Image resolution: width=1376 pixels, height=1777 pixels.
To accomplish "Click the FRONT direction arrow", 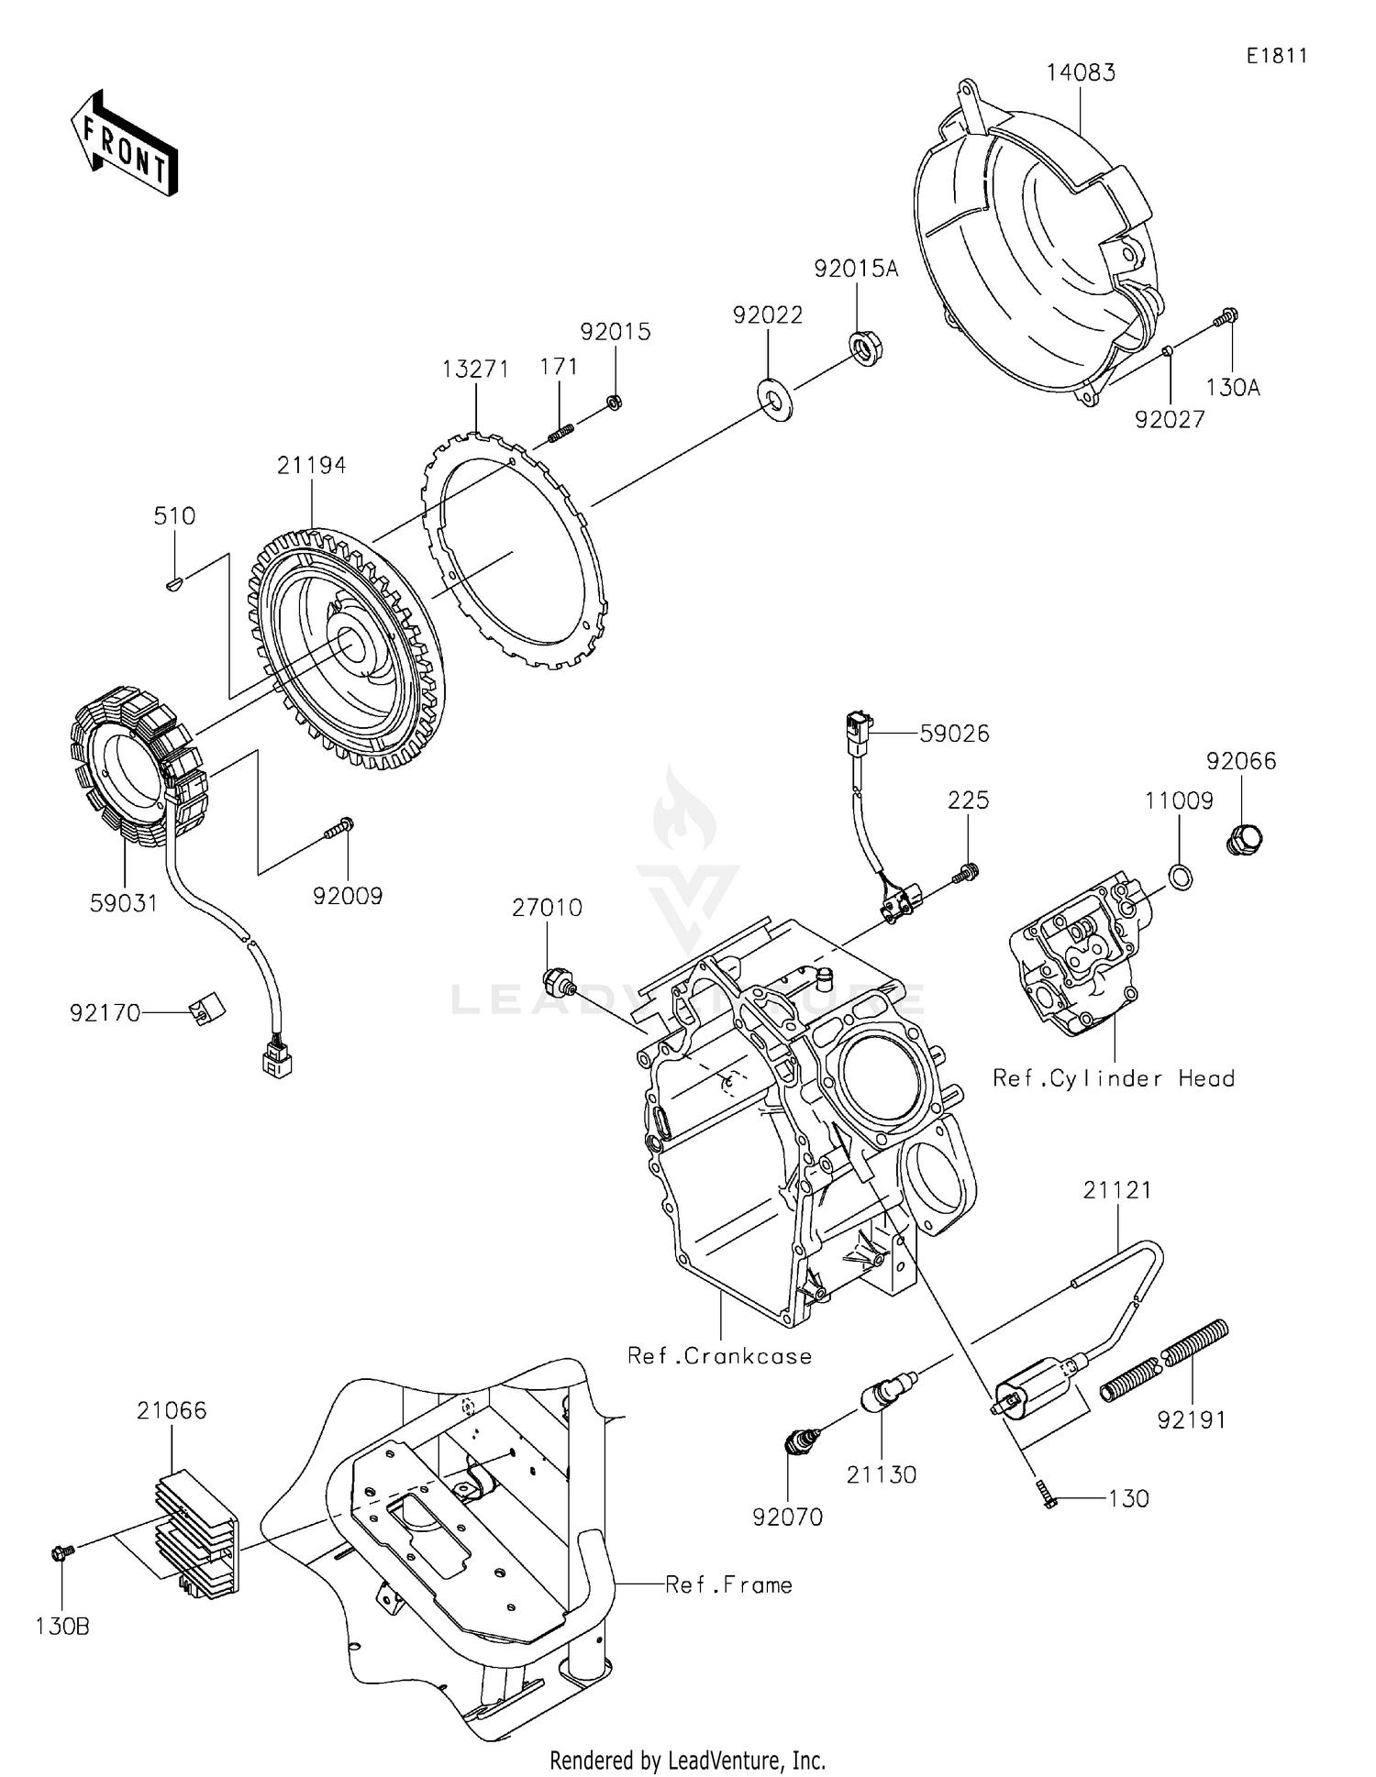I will pyautogui.click(x=124, y=144).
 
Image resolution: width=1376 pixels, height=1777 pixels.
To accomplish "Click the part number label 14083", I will pyautogui.click(x=1082, y=73).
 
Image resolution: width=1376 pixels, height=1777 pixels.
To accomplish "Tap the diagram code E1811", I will pyautogui.click(x=1276, y=56).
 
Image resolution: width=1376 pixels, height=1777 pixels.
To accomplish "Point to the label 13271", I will pyautogui.click(x=474, y=370).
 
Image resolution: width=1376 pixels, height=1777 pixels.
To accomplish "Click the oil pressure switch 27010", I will pyautogui.click(x=557, y=981).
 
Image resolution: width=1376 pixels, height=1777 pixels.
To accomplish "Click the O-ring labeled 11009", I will pyautogui.click(x=1182, y=877).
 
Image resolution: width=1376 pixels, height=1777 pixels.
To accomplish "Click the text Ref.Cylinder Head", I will pyautogui.click(x=1113, y=1078).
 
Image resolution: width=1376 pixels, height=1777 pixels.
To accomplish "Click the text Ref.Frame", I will pyautogui.click(x=728, y=1584).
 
